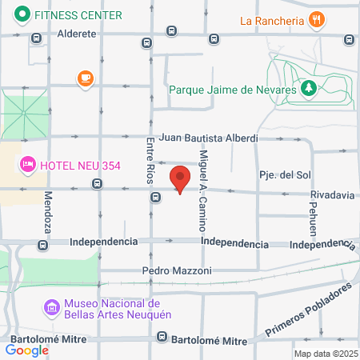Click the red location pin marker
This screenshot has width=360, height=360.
pos(180,179)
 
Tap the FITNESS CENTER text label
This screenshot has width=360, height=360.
pos(78,15)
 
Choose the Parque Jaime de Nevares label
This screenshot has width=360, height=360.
pos(233,89)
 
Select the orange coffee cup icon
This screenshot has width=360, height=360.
pos(85,78)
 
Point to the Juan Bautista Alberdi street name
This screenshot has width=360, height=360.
pos(206,138)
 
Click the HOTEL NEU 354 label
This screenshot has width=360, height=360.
pos(80,165)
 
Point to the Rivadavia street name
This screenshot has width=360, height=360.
pos(332,194)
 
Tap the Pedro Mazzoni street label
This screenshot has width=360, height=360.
pos(177,270)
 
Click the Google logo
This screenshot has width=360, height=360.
pos(27,350)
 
